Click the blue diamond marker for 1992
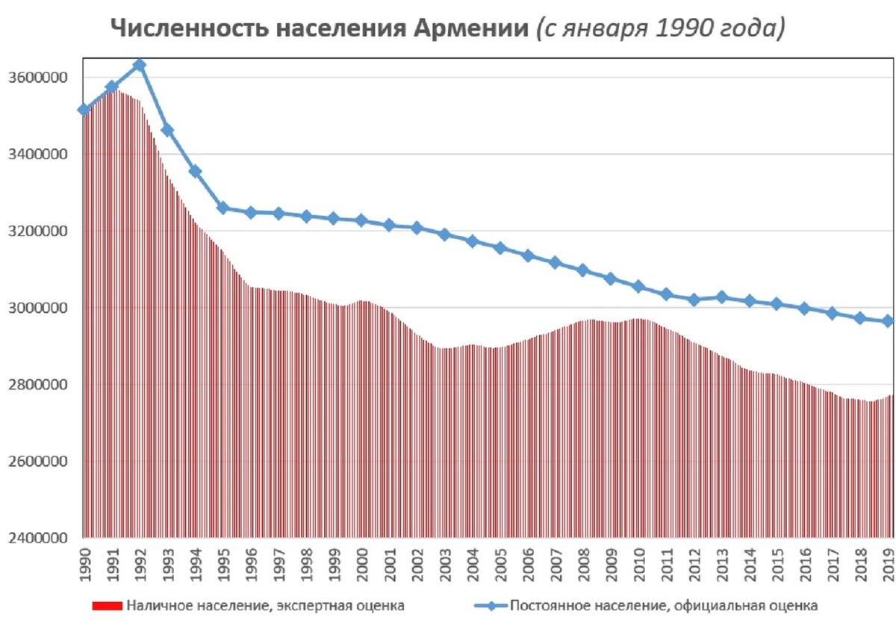[x=139, y=65]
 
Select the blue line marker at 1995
[x=223, y=208]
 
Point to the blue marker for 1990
[x=84, y=110]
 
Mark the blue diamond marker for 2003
[x=444, y=235]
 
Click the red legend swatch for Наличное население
[x=106, y=605]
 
